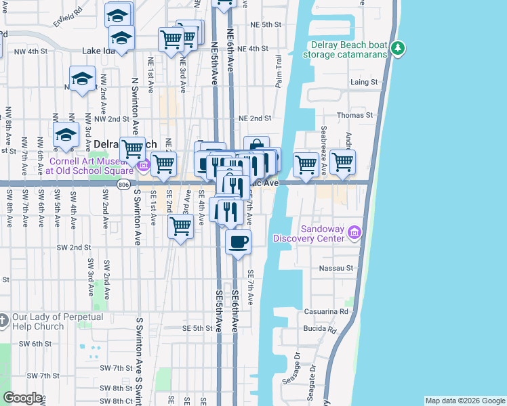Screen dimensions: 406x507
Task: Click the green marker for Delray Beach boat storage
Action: (x=399, y=49)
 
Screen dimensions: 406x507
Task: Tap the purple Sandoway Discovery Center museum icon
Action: (x=353, y=233)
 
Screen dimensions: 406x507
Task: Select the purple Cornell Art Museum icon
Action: (x=142, y=165)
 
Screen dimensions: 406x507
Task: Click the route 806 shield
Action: (x=123, y=184)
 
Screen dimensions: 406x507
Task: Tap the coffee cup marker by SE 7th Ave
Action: (x=238, y=242)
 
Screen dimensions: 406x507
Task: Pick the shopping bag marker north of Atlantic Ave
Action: (x=256, y=148)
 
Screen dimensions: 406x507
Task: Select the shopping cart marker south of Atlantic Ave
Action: (x=180, y=227)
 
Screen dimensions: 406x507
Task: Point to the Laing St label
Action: (x=364, y=82)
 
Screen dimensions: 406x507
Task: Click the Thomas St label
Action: (x=355, y=116)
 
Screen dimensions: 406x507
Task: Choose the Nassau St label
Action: (x=337, y=269)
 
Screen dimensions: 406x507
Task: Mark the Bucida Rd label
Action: (x=323, y=330)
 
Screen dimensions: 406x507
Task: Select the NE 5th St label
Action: (x=265, y=25)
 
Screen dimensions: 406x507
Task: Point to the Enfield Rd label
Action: (x=68, y=12)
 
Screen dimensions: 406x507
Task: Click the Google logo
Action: (x=22, y=398)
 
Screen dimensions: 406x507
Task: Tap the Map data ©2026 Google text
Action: (x=464, y=401)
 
